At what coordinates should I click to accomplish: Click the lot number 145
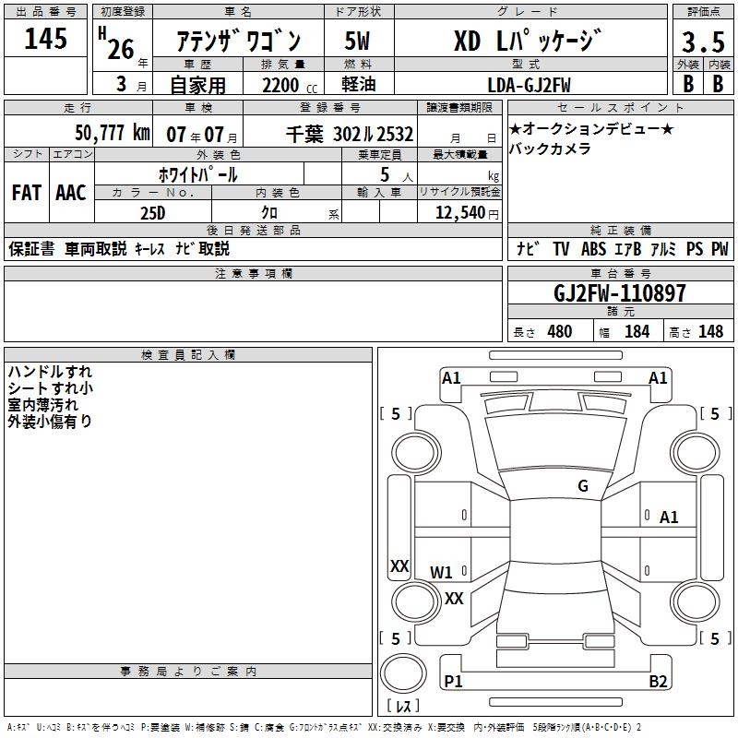(x=45, y=38)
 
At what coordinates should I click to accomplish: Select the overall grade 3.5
(x=703, y=42)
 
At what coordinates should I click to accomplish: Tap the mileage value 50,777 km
(x=112, y=133)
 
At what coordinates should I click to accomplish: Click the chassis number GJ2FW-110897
(x=619, y=293)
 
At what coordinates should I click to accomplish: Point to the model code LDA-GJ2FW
(x=529, y=85)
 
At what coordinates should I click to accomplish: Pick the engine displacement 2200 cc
(x=290, y=86)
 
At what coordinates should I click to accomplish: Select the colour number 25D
(x=153, y=213)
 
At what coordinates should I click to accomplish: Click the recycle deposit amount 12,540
(x=459, y=213)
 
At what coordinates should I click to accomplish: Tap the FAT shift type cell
(x=27, y=193)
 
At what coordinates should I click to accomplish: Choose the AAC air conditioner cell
(x=71, y=193)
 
